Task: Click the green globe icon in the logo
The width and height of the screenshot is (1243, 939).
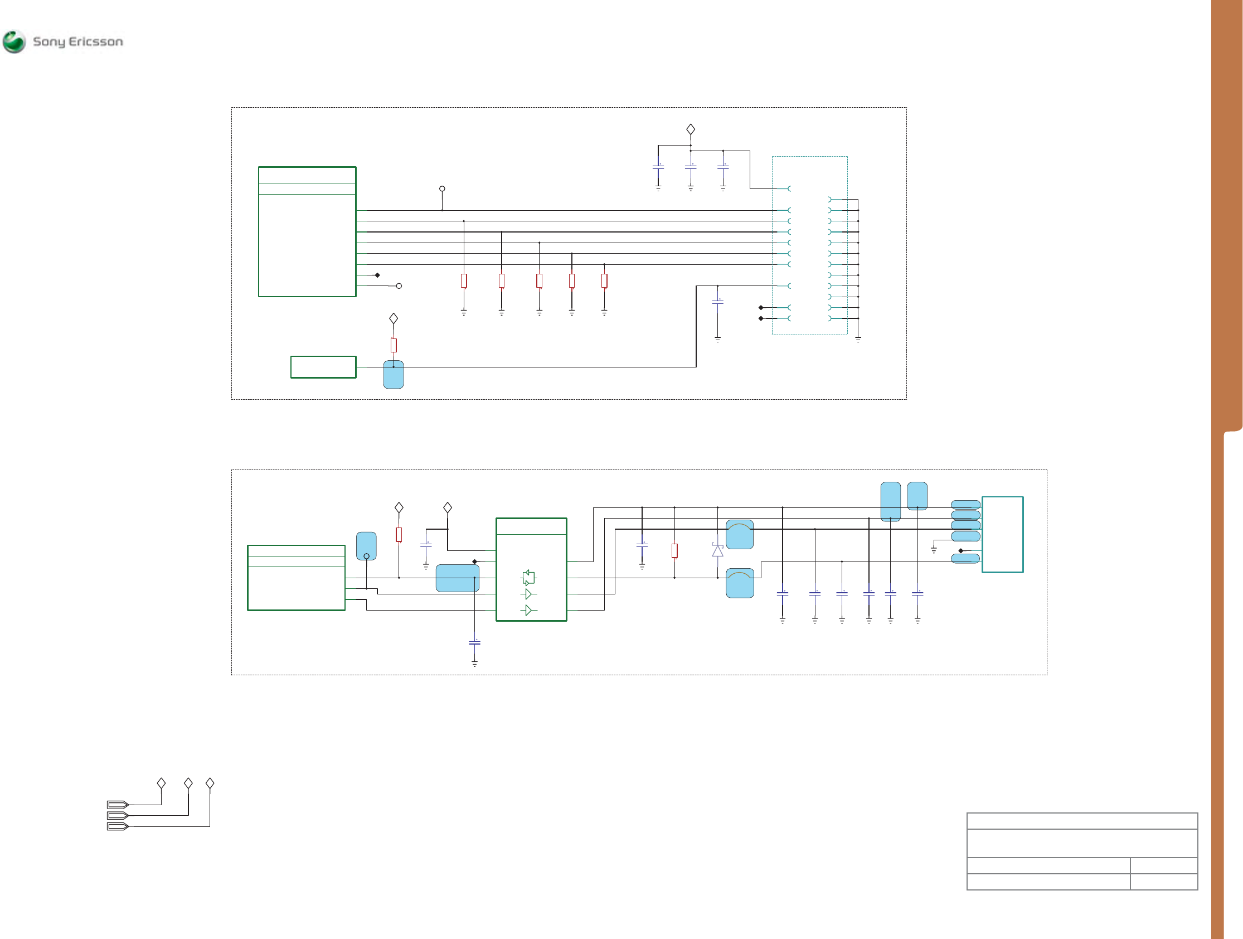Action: tap(14, 42)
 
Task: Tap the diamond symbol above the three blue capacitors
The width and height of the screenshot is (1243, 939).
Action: tap(691, 129)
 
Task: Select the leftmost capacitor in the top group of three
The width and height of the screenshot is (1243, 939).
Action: tap(658, 166)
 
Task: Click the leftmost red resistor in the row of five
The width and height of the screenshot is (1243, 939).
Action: tap(464, 280)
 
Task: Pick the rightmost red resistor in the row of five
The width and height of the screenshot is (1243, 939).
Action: tap(604, 280)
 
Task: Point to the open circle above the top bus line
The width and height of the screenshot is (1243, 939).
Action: tap(442, 189)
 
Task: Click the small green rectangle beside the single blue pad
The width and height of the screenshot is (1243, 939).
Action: tap(323, 367)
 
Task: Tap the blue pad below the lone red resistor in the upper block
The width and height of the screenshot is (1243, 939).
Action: tap(394, 375)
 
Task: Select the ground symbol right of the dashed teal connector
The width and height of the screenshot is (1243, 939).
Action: tap(858, 339)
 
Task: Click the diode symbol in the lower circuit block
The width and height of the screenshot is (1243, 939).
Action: tap(717, 550)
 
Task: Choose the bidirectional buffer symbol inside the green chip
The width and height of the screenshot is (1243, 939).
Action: tap(528, 578)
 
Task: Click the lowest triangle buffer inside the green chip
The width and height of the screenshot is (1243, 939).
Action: tap(528, 610)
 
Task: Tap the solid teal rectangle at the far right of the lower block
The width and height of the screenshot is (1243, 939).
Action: tap(1003, 534)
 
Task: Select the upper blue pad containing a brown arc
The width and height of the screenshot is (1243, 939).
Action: tap(740, 534)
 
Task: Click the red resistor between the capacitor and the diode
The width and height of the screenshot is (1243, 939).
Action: tap(674, 550)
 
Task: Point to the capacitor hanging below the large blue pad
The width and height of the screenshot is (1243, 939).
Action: tap(474, 643)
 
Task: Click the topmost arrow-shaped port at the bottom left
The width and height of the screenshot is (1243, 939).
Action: tap(118, 805)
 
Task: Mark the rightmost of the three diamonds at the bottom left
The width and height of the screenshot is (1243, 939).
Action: tap(210, 783)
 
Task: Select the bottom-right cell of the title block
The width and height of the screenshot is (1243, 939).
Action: tap(1164, 882)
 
